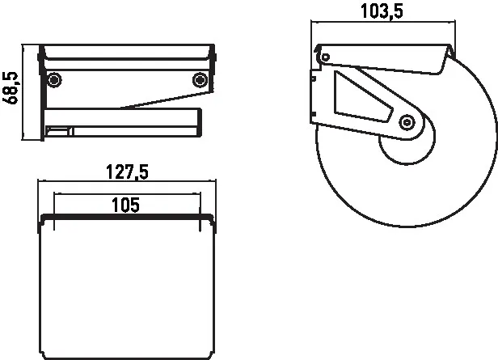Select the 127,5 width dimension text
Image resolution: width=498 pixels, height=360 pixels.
tap(127, 172)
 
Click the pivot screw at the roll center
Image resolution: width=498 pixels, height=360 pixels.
tap(407, 122)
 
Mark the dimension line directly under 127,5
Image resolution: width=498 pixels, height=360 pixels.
tap(127, 184)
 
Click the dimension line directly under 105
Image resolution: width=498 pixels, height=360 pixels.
tap(125, 194)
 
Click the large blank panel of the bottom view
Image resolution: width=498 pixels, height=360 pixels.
tap(127, 291)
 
